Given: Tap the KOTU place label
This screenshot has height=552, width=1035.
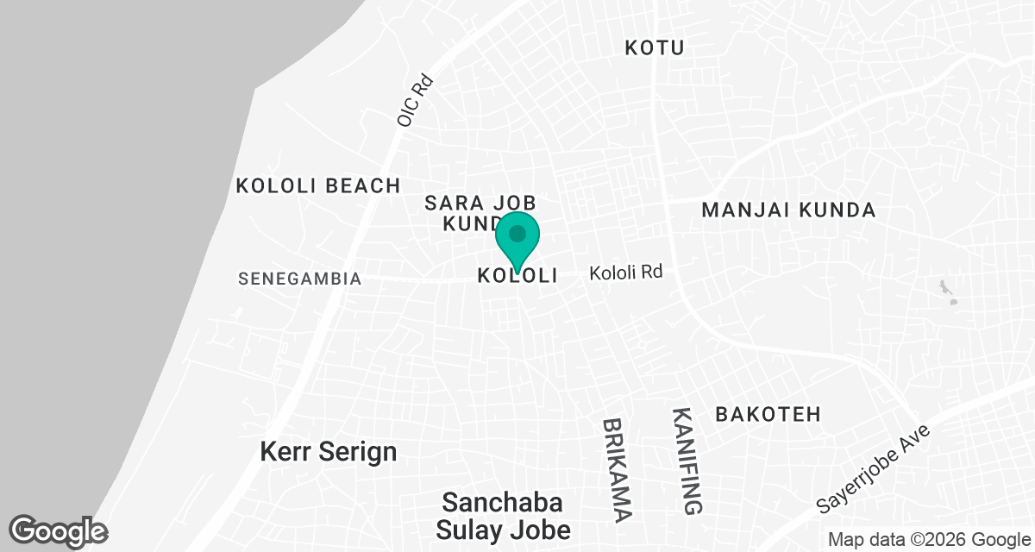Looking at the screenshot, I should tap(654, 47).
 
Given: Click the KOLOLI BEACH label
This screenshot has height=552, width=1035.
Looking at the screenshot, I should tap(318, 185).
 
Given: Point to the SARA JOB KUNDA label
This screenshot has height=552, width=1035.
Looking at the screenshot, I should tap(480, 213).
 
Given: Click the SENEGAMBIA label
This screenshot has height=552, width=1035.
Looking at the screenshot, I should tap(299, 279).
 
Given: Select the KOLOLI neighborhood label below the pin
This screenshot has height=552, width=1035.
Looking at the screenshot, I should tap(517, 276).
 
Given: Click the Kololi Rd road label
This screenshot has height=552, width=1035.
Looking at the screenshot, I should tap(625, 273).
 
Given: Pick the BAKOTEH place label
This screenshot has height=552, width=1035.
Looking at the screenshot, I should tap(768, 414).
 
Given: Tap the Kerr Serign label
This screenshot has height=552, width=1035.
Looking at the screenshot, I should tap(329, 451).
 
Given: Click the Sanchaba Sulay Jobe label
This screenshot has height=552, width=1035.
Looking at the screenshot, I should tap(503, 515).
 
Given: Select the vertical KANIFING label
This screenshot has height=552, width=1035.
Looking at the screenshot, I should tap(687, 461).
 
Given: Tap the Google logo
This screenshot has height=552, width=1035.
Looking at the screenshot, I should tap(58, 531).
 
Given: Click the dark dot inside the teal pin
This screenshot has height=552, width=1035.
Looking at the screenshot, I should tap(517, 234).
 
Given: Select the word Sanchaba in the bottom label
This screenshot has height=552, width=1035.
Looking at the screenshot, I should tap(503, 502).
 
